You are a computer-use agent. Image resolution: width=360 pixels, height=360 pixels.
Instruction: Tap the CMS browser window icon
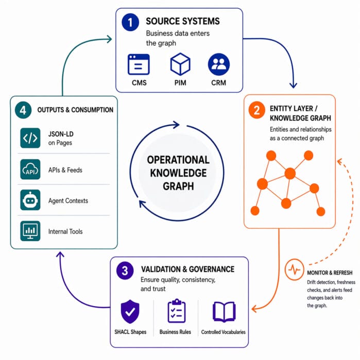(139, 65)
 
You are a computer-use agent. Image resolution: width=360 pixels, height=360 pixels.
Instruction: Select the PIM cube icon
(180, 64)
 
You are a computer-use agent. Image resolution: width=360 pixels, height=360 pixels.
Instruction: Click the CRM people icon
(219, 64)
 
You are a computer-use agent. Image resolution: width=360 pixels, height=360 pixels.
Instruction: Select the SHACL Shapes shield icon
(130, 311)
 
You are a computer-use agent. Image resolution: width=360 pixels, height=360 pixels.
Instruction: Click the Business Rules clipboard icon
(176, 311)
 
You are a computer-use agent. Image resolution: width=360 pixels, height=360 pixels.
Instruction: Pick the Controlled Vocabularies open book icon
(224, 312)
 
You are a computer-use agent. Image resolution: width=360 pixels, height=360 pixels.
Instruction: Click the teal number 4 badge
(23, 110)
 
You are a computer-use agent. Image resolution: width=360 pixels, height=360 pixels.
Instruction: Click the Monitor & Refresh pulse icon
(295, 270)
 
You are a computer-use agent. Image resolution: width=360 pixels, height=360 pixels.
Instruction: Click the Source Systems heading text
(183, 22)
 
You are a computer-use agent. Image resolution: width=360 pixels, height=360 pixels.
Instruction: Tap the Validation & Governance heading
(187, 269)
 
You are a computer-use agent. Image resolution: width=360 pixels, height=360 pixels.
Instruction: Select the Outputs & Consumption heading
(75, 110)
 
